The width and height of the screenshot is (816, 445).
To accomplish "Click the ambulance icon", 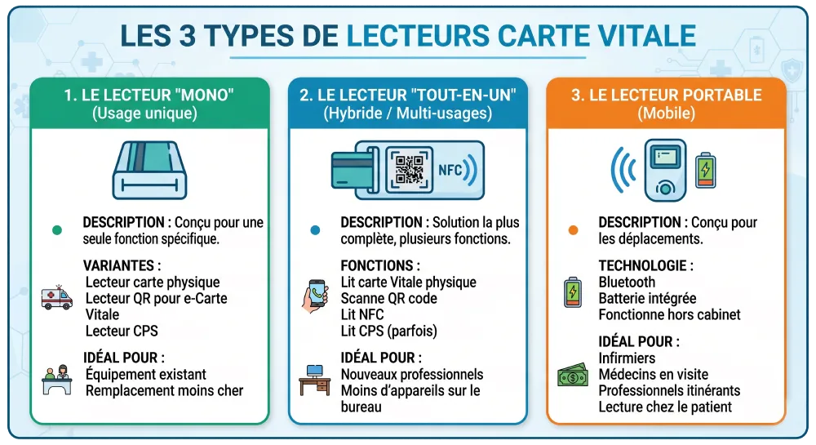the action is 57,298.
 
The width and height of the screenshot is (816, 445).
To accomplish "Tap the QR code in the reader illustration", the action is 410,170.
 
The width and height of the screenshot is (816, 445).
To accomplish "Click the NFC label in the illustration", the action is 450,170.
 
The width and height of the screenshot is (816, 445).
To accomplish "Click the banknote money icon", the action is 573,375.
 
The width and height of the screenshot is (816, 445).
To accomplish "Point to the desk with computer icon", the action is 315,380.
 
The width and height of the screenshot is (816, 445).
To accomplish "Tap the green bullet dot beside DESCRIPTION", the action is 57,230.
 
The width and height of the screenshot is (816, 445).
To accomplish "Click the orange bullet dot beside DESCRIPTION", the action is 573,230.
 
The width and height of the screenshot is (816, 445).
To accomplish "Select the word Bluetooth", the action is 627,282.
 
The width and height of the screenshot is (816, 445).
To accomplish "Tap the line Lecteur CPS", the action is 122,331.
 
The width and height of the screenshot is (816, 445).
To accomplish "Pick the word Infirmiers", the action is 627,358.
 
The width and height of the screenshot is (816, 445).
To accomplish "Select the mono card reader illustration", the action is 150,170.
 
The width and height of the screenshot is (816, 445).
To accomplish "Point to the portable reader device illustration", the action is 665,170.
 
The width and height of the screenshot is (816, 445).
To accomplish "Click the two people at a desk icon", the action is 57,380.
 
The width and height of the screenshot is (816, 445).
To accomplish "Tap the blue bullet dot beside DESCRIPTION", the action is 315,230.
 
